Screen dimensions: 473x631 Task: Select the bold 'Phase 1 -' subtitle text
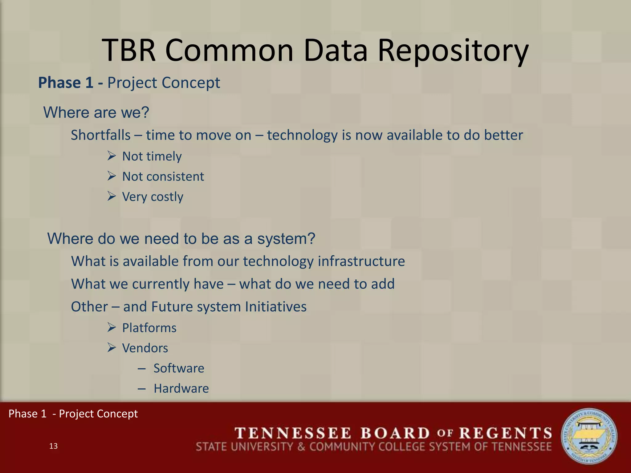click(x=71, y=83)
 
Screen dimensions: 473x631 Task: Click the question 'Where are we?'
click(x=96, y=112)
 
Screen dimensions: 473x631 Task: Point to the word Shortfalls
click(x=101, y=135)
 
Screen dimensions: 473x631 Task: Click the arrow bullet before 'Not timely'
click(x=112, y=156)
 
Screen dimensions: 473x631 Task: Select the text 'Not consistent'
click(x=163, y=176)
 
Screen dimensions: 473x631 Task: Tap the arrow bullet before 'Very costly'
click(x=112, y=196)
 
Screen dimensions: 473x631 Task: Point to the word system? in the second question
click(x=286, y=239)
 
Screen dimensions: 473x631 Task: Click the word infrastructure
click(x=361, y=261)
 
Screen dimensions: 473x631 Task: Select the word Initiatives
click(x=275, y=307)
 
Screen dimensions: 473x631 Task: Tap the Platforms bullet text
click(x=149, y=328)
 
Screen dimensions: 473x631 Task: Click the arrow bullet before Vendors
click(x=112, y=348)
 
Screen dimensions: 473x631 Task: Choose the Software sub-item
click(x=179, y=368)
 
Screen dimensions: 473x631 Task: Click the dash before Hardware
click(x=142, y=389)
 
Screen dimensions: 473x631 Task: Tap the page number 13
click(x=53, y=446)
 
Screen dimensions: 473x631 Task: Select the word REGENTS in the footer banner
click(x=505, y=433)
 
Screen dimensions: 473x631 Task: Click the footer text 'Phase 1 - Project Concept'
click(x=73, y=414)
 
